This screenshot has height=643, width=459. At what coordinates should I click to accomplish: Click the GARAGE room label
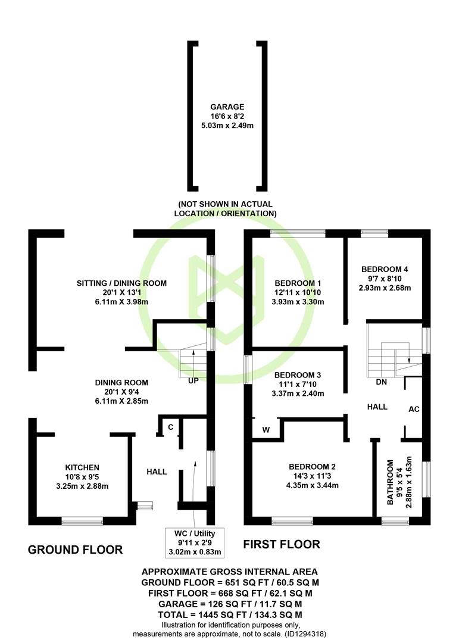pos(227,107)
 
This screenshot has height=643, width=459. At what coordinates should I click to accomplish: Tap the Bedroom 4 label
pos(385,270)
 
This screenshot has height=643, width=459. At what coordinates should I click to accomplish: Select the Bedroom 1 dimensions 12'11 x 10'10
pos(298,292)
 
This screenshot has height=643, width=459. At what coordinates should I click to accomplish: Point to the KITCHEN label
pos(82,467)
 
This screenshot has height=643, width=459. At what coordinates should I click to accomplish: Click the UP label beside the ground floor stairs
pos(193,380)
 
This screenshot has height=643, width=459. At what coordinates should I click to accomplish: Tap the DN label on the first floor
pos(381,382)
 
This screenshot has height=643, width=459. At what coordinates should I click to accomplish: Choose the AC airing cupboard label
pos(414,409)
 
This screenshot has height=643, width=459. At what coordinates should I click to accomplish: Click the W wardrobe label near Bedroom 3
pos(266,430)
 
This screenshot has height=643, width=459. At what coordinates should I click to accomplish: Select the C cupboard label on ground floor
pos(171,427)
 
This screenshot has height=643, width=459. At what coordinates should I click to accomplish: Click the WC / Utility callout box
pos(195,543)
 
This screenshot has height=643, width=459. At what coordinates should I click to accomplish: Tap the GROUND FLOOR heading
pos(75,550)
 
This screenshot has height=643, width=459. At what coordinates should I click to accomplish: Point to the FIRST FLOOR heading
pos(282,545)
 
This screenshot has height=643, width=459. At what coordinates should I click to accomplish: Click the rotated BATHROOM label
pos(390,482)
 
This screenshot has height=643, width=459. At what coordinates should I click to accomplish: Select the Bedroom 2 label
pos(312,467)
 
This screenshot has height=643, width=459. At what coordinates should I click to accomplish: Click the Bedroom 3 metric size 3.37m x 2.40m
pos(298,394)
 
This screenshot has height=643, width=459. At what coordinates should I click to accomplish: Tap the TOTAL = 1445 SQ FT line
pos(230,614)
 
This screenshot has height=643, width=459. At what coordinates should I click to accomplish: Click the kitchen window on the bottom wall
pos(82,521)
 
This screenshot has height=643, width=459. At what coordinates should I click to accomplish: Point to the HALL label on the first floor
pos(377,407)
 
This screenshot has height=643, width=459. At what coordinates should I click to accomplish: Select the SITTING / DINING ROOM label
pos(122,283)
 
